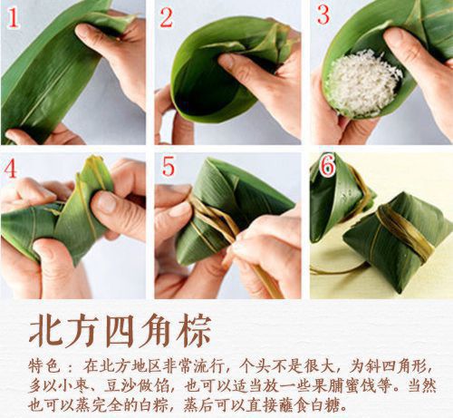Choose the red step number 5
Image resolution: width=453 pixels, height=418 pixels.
[168, 169]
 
